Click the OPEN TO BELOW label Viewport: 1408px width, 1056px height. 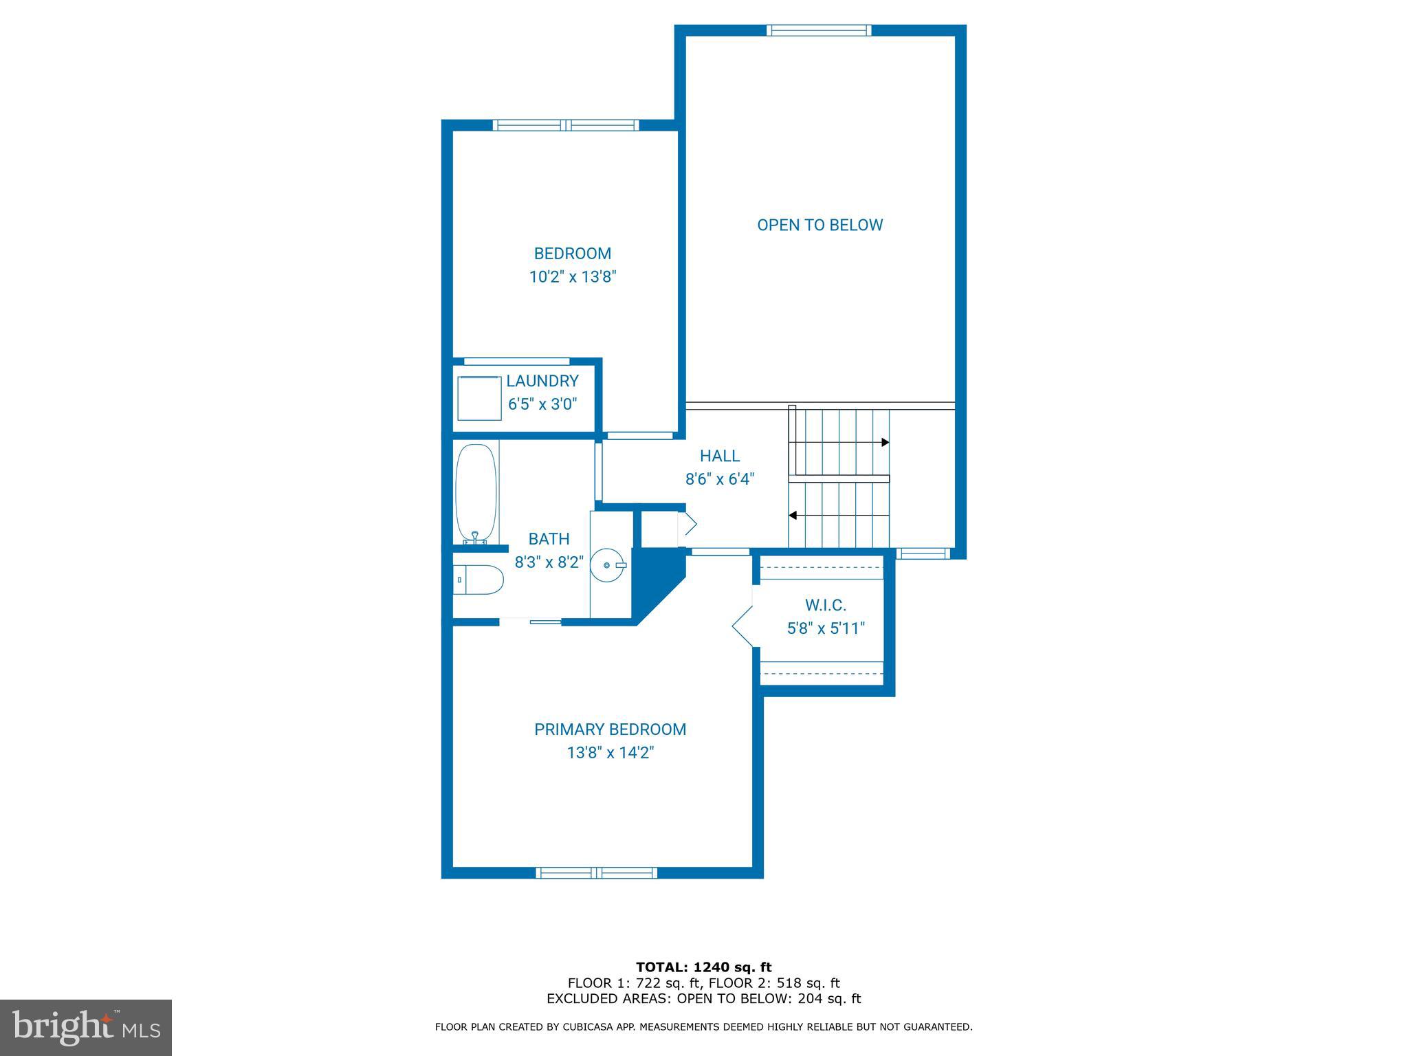tap(819, 225)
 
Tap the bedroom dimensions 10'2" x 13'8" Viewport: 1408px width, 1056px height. tap(572, 277)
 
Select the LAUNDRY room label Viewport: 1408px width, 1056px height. tap(542, 381)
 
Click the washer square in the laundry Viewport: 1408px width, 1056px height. tap(479, 397)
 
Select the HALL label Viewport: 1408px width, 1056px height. tap(720, 456)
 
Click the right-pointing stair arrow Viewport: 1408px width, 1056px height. tap(885, 442)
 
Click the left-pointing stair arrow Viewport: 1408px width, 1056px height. tap(793, 515)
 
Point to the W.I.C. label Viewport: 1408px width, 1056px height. tap(825, 605)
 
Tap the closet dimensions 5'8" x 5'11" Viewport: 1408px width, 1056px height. tap(825, 628)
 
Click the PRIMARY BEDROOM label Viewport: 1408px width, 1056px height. tap(610, 729)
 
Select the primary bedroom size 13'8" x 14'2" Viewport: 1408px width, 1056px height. tap(610, 753)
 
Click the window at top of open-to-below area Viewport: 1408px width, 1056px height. tap(819, 30)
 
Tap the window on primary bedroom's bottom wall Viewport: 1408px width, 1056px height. tap(596, 873)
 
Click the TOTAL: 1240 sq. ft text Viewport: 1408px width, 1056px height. tap(703, 967)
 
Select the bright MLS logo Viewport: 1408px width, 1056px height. tap(85, 1027)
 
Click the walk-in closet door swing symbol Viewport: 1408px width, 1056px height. tap(742, 626)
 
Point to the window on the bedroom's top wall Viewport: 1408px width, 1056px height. tap(566, 125)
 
